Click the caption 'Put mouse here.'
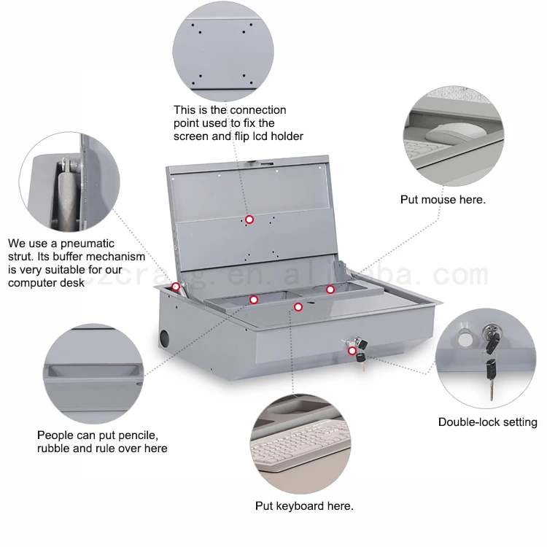[x=443, y=200]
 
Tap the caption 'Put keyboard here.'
[x=304, y=506]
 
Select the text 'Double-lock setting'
[x=488, y=422]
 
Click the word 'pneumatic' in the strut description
[x=88, y=244]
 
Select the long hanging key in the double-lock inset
[x=491, y=379]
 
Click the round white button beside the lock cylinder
[x=465, y=339]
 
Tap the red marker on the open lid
[x=249, y=220]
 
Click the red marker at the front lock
[x=352, y=351]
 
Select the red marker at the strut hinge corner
[x=176, y=287]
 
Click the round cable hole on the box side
[x=164, y=338]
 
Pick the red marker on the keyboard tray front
[x=298, y=307]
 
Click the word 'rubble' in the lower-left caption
[x=53, y=449]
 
